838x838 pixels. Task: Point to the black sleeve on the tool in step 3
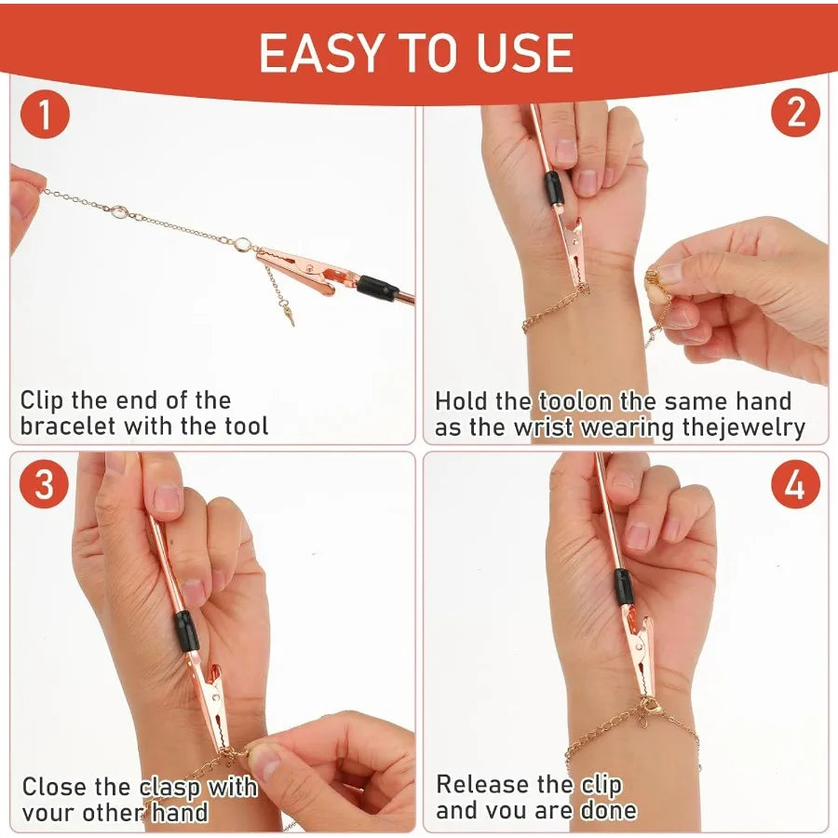185,630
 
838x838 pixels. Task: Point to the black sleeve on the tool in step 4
624,588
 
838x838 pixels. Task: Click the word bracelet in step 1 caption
66,426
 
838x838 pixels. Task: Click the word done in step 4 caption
605,810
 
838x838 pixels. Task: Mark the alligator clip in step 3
212,698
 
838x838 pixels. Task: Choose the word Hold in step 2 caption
460,401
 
